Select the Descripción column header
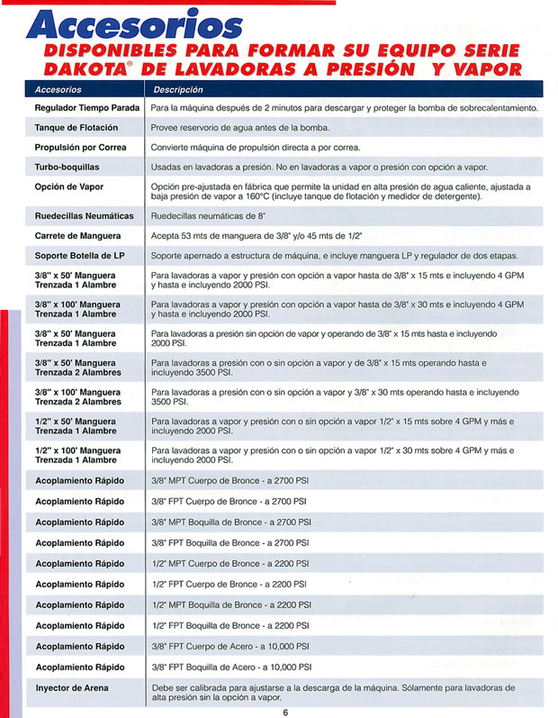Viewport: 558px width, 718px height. pyautogui.click(x=178, y=90)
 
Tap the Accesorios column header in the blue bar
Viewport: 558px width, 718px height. pyautogui.click(x=58, y=90)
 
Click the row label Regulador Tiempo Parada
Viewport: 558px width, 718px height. pyautogui.click(x=86, y=108)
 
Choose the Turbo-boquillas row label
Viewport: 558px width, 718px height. pyautogui.click(x=67, y=168)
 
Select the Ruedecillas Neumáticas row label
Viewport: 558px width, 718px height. pyautogui.click(x=84, y=216)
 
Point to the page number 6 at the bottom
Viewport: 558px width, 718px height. pyautogui.click(x=284, y=711)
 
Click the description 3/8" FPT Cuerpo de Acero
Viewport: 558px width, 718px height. pyautogui.click(x=230, y=647)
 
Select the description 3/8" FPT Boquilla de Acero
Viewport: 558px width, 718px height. pyautogui.click(x=231, y=668)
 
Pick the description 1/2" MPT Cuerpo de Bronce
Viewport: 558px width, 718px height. pyautogui.click(x=230, y=564)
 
